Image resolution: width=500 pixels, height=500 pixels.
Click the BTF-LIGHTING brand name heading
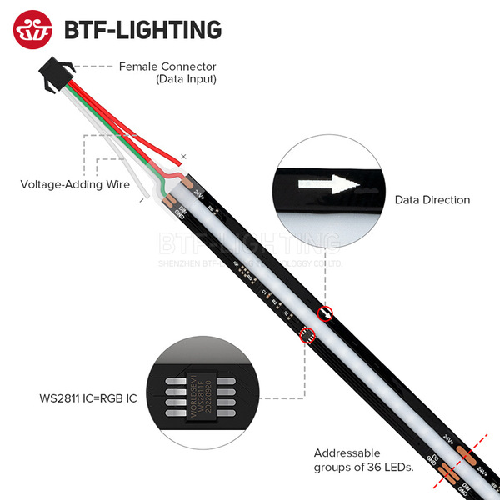(142, 30)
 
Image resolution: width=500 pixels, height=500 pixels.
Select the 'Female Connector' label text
(167, 67)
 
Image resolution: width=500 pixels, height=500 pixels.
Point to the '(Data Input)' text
(186, 79)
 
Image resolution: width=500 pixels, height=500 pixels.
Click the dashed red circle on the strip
(306, 335)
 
